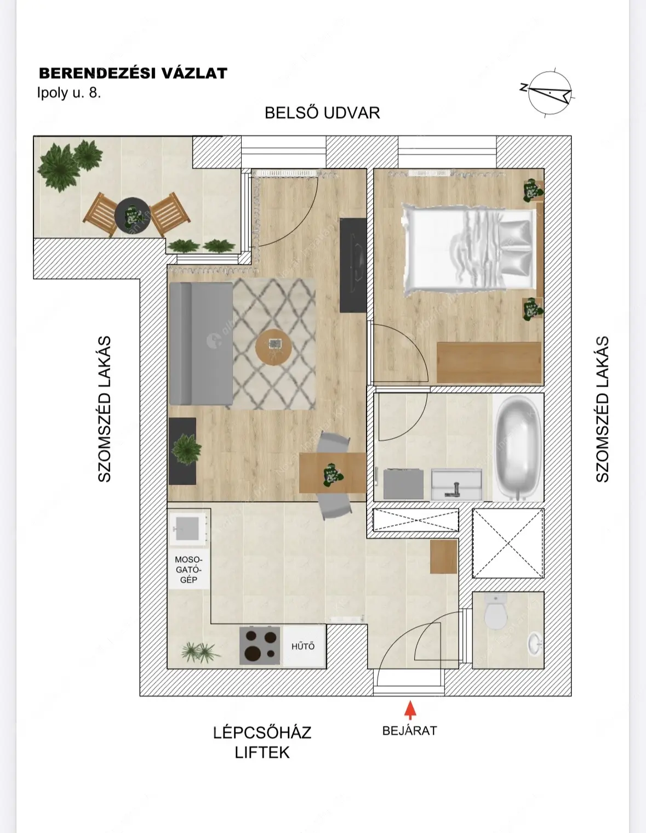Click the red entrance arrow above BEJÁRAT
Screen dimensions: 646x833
pos(410,710)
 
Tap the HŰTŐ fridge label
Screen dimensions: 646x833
pos(303,647)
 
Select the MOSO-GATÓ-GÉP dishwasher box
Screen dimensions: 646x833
pos(188,570)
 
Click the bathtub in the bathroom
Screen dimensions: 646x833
pos(518,447)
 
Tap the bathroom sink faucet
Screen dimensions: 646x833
pos(455,489)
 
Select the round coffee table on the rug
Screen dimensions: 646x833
pos(273,347)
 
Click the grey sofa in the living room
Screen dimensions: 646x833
pos(201,343)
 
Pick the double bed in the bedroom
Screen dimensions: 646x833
pos(469,250)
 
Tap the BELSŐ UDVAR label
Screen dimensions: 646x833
pos(322,113)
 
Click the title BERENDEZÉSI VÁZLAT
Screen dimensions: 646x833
pos(133,73)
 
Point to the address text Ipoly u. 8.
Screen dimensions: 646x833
pos(69,93)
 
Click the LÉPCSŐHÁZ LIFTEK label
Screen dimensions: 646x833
pos(262,743)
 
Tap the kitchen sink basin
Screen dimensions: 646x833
pos(187,528)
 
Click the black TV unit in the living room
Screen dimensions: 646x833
pos(353,265)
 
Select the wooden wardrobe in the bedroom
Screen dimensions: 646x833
pos(489,362)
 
